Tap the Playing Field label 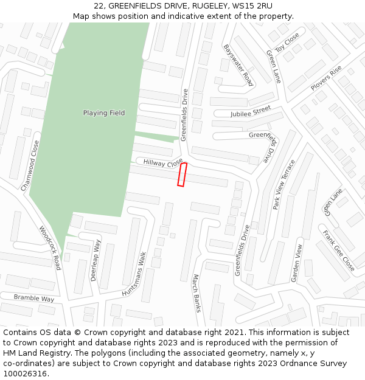pyautogui.click(x=104, y=113)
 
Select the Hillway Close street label pyautogui.click(x=163, y=162)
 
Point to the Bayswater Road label pyautogui.click(x=238, y=64)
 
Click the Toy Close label pyautogui.click(x=287, y=43)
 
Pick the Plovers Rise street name pyautogui.click(x=326, y=78)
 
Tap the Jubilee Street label pyautogui.click(x=251, y=112)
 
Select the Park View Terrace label pyautogui.click(x=284, y=185)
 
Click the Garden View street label pyautogui.click(x=296, y=263)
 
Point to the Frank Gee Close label pyautogui.click(x=339, y=250)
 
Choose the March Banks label pyautogui.click(x=196, y=293)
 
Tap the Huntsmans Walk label pyautogui.click(x=134, y=274)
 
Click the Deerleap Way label pyautogui.click(x=96, y=260)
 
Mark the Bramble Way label pyautogui.click(x=35, y=299)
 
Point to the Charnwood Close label pyautogui.click(x=30, y=165)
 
